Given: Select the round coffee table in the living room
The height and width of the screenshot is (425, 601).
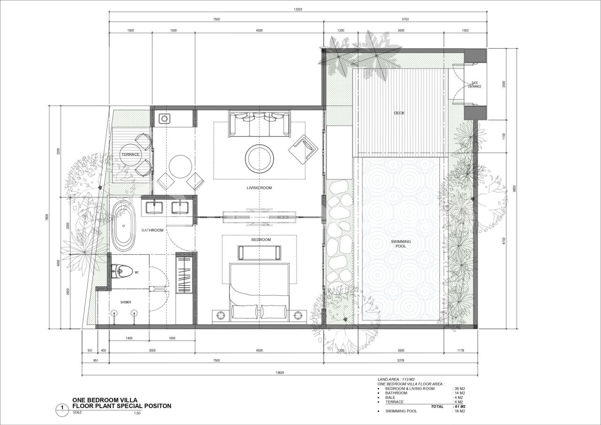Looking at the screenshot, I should [260, 159].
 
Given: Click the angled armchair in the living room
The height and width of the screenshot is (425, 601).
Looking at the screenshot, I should [303, 149].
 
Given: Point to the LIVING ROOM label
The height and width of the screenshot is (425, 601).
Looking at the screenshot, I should [259, 188].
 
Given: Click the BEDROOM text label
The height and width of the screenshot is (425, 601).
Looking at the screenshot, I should [261, 240].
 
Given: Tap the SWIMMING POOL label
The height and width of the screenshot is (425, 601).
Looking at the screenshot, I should [401, 244].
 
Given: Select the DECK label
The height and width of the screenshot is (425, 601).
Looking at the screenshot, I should [399, 113].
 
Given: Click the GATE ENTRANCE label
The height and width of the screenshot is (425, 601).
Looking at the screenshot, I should [474, 85].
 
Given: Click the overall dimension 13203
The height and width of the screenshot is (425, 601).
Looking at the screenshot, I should [297, 9].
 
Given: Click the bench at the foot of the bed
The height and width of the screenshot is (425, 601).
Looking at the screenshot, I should [260, 253].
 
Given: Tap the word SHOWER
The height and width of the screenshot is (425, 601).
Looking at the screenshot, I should [125, 302].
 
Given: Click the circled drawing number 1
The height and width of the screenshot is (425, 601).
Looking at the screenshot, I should [62, 407].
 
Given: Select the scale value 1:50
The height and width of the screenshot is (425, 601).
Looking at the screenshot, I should [138, 413].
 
